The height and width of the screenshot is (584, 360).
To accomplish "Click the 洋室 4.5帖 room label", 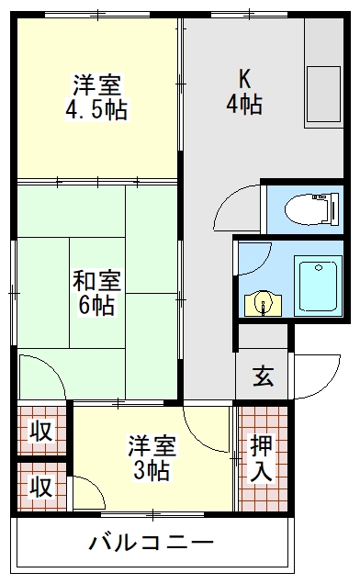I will click(x=96, y=99).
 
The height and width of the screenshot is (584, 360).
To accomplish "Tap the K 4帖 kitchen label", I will click(x=244, y=91).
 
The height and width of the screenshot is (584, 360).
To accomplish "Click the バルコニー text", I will click(x=152, y=542).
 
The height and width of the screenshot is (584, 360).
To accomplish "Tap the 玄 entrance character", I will click(x=263, y=376).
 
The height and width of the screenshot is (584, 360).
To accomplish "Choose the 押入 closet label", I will click(x=262, y=458).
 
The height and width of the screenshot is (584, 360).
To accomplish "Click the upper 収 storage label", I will click(x=39, y=430).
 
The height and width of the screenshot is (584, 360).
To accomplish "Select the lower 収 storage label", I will click(x=39, y=485).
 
